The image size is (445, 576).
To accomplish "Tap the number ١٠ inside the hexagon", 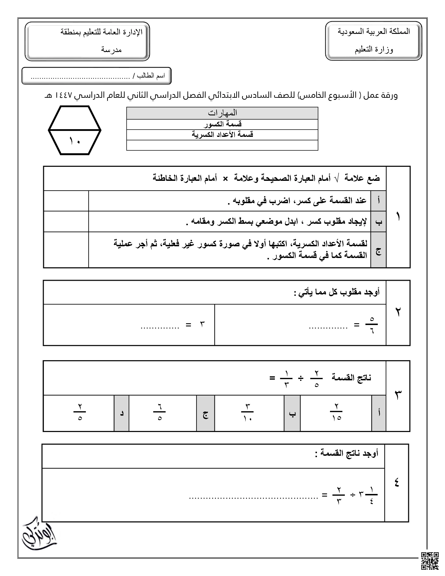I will point(75,141).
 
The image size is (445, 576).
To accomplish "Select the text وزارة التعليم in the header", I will point(374,49).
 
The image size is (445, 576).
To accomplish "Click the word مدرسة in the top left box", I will point(111,50).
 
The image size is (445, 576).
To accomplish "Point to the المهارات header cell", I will point(222,113).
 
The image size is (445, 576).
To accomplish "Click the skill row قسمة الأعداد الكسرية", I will point(222,135).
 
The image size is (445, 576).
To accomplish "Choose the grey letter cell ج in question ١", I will point(378,250).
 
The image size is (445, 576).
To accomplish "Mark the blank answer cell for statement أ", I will point(66,201).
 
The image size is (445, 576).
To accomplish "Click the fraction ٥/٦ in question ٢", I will point(372,325).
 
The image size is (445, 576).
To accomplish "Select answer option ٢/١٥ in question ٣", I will point(336,412).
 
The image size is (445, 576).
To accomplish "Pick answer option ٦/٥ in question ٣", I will point(159,412).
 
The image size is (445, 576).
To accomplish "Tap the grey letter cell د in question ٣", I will point(121,413).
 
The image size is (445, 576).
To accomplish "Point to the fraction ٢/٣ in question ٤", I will point(339,495).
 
